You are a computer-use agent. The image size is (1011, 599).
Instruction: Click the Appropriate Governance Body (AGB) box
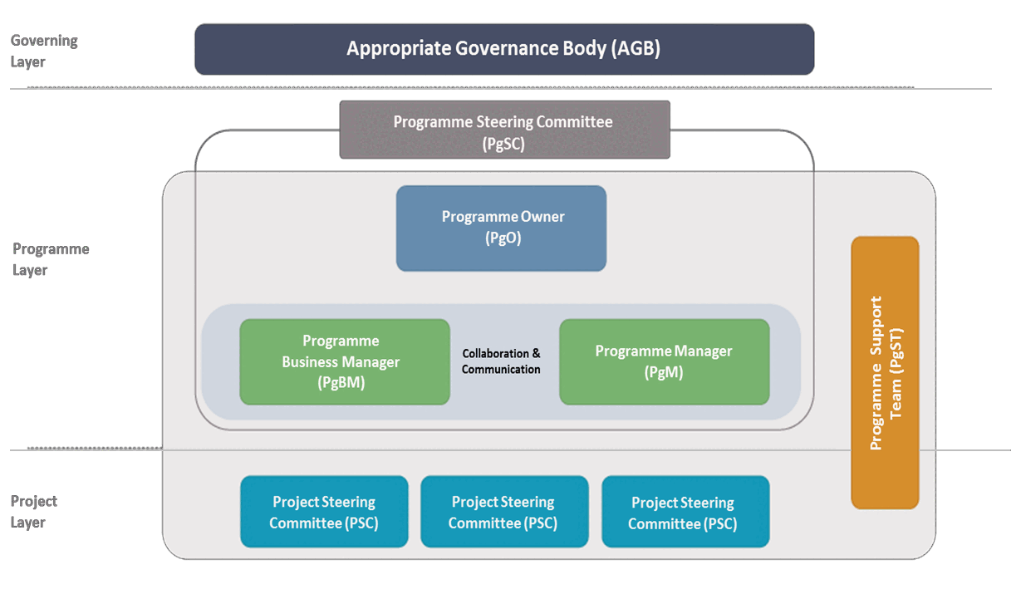(x=504, y=49)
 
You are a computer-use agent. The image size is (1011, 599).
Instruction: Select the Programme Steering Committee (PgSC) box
(x=504, y=130)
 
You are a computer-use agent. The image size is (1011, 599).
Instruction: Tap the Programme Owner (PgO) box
(x=501, y=228)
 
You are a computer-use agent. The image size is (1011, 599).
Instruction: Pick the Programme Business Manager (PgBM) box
(x=344, y=362)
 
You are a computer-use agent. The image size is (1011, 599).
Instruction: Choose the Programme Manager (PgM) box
(x=664, y=362)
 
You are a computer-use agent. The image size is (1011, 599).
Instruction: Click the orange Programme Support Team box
(x=885, y=372)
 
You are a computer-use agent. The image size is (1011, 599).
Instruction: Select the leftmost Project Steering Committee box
(x=324, y=513)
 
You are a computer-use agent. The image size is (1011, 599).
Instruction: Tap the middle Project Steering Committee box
(x=503, y=513)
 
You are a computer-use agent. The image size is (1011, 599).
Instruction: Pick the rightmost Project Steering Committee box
(x=685, y=513)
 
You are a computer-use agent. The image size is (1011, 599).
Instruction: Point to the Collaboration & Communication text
(x=501, y=361)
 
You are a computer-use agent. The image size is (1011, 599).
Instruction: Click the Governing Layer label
(x=43, y=51)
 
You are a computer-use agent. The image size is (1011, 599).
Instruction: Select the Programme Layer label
(x=50, y=259)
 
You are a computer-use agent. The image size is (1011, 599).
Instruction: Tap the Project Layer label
(x=34, y=512)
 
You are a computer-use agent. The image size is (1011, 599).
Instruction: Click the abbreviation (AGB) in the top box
(x=636, y=49)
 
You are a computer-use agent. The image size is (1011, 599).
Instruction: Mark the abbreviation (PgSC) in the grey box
(x=503, y=144)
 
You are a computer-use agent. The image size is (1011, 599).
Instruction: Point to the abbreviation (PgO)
(x=503, y=238)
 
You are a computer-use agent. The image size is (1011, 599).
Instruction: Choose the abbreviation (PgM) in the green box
(x=664, y=373)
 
